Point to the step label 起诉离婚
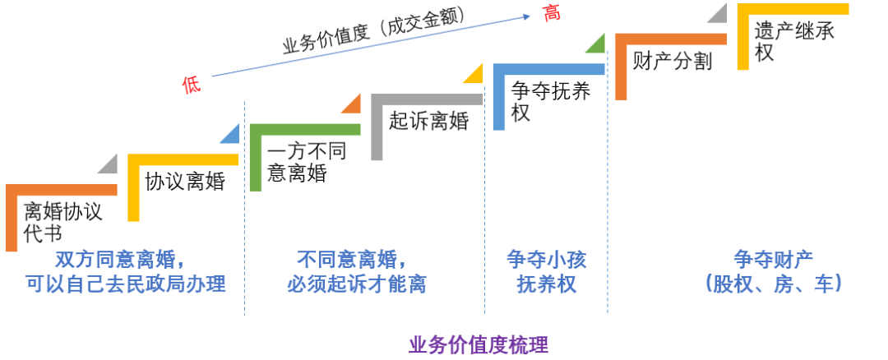point(428,121)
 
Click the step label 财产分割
point(672,61)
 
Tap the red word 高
point(551,13)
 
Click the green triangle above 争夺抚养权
point(597,44)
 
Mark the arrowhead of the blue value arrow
point(526,14)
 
